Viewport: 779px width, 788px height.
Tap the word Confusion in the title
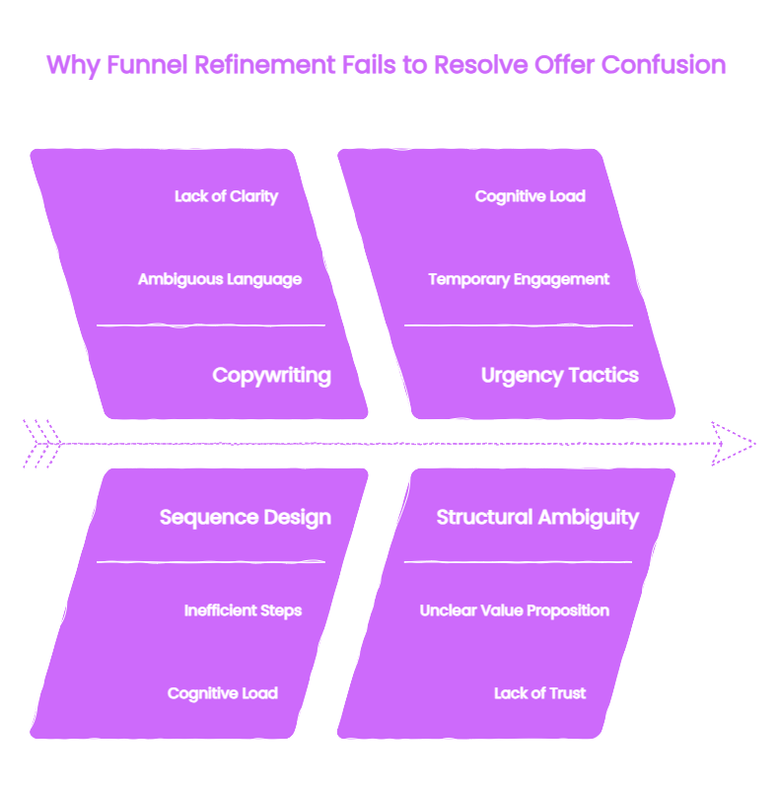pos(664,65)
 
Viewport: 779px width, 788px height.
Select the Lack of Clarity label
pos(226,196)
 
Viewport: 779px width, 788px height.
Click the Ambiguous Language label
pos(220,279)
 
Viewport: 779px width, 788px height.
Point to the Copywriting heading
pos(271,376)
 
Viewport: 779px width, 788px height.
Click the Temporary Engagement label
pos(519,279)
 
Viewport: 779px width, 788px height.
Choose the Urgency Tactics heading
pos(560,376)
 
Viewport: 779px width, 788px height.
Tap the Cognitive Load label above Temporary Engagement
pos(531,196)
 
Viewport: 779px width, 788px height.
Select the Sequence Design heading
pos(246,518)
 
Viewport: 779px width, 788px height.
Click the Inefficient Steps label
pos(243,610)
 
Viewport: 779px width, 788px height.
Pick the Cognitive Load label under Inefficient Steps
pos(223,693)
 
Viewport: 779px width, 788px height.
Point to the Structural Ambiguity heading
pos(537,518)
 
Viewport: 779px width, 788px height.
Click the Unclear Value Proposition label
pos(515,610)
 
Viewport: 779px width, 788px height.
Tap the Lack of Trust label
pos(539,693)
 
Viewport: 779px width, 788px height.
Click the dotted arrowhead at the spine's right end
pos(733,444)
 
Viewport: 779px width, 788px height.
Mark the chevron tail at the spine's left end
pos(42,444)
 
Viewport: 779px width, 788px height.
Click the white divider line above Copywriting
pos(211,325)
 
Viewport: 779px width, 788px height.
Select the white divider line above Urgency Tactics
pos(519,325)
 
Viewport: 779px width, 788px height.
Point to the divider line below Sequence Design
pos(211,562)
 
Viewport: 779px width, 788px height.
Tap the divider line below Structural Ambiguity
pos(518,562)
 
